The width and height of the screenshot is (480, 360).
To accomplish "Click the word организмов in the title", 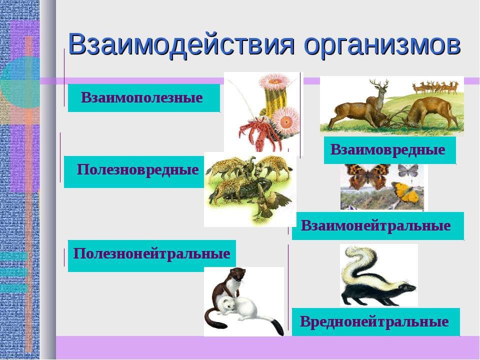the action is (x=382, y=46).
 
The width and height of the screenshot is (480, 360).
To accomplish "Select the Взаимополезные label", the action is (x=143, y=97).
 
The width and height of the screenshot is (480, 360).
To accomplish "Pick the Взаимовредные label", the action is (x=389, y=150).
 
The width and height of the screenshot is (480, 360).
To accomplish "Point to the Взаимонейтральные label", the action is (x=378, y=226).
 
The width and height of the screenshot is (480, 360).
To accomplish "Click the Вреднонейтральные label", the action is (x=375, y=321).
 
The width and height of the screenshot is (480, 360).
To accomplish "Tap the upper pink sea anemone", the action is (x=274, y=80).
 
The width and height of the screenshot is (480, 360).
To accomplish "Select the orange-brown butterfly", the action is (x=367, y=176).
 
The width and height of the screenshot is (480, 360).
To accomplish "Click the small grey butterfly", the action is (x=408, y=170).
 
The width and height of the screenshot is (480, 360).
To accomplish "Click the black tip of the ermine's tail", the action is (x=277, y=327).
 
